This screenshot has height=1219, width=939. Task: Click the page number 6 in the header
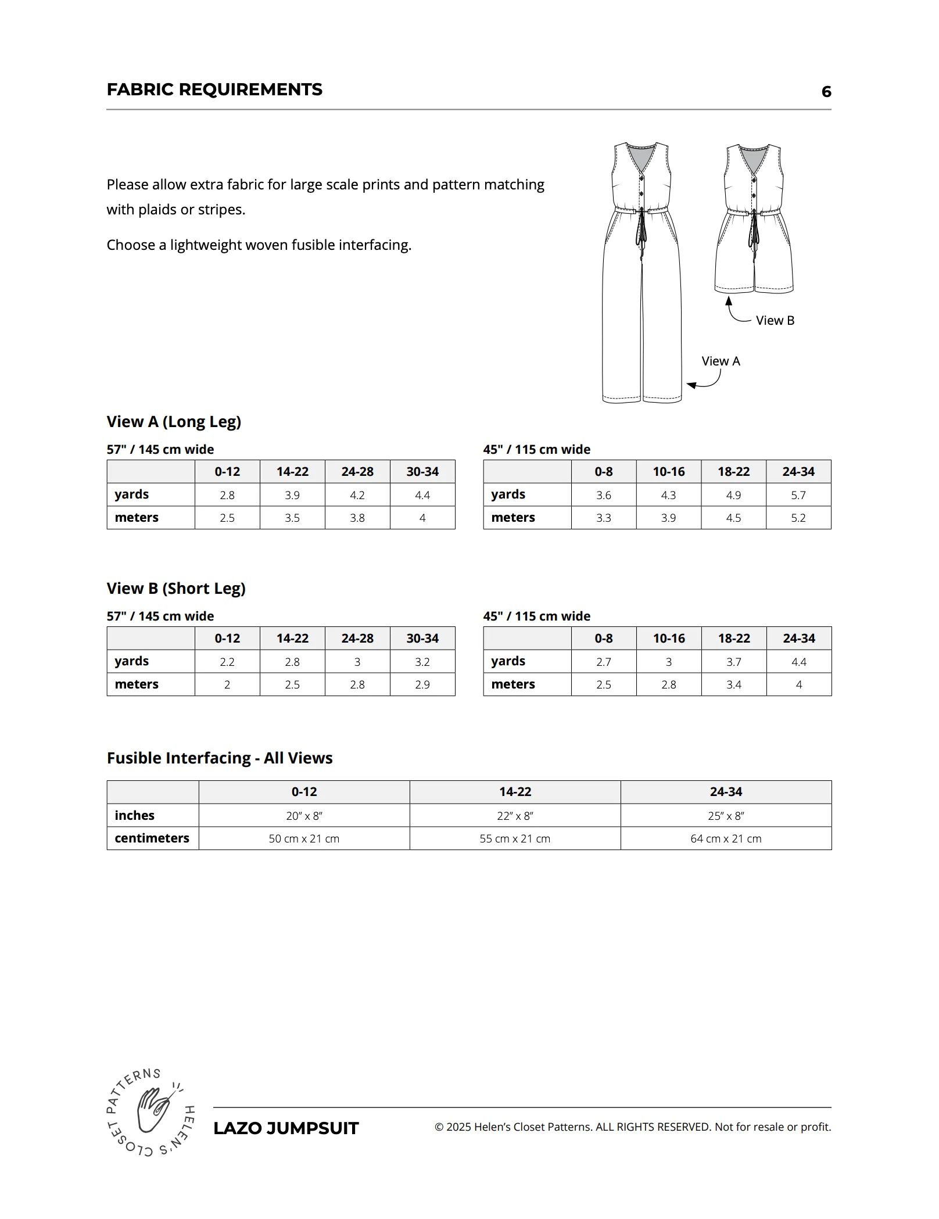click(826, 91)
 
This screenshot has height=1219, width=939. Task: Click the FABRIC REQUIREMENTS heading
click(214, 89)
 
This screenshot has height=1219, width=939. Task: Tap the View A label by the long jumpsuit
click(721, 361)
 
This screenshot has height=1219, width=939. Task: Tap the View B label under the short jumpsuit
click(775, 320)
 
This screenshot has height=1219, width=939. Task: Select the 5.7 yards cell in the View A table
click(798, 495)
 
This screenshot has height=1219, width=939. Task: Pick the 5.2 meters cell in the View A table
click(798, 518)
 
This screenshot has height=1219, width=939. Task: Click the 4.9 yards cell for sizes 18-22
click(733, 495)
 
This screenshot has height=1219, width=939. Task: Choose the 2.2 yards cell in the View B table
click(227, 662)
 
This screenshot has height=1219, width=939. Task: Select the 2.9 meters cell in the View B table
click(422, 684)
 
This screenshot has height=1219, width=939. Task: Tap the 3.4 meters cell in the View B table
click(733, 684)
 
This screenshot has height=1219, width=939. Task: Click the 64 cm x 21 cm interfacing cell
click(726, 838)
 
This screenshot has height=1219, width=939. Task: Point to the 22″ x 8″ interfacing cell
click(515, 816)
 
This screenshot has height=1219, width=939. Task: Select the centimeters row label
click(152, 838)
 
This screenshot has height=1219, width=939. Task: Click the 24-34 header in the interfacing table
click(726, 791)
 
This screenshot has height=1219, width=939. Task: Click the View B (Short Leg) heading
click(176, 588)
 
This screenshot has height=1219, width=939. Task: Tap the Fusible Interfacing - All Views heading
click(220, 758)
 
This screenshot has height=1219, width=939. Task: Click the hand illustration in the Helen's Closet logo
click(152, 1109)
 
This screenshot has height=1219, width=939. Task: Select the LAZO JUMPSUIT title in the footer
click(286, 1128)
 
